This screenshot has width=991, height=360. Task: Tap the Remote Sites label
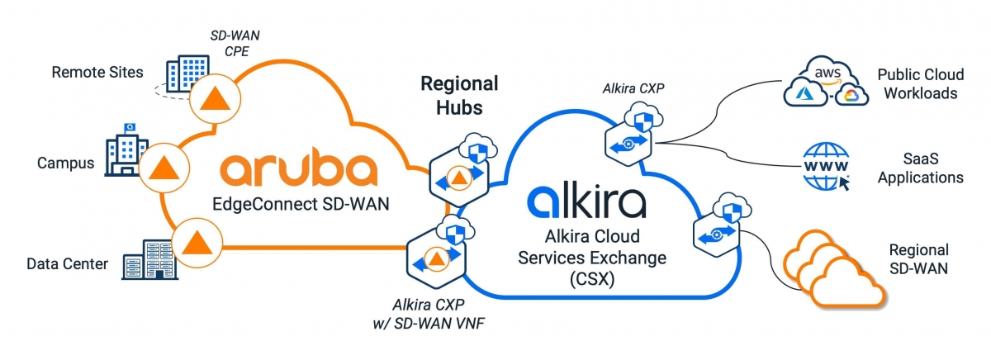pyautogui.click(x=97, y=72)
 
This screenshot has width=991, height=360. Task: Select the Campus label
pyautogui.click(x=65, y=163)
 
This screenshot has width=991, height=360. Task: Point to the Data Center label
pyautogui.click(x=67, y=264)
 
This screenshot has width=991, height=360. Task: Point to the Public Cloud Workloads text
pyautogui.click(x=917, y=83)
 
